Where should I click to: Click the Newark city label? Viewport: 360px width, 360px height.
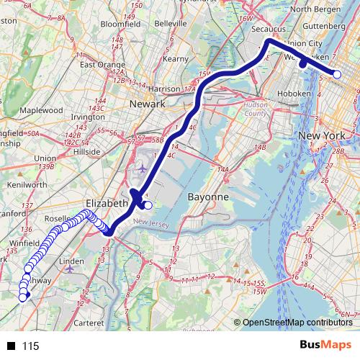(x=148, y=104)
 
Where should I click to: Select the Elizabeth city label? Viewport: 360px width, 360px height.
(x=106, y=203)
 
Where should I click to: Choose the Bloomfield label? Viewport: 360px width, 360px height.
(x=120, y=24)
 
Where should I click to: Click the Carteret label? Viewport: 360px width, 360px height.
(x=89, y=323)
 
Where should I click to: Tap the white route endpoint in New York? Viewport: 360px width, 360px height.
(x=337, y=73)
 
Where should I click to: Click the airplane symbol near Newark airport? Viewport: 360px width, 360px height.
(x=143, y=168)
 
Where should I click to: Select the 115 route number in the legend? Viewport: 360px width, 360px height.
(x=30, y=346)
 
